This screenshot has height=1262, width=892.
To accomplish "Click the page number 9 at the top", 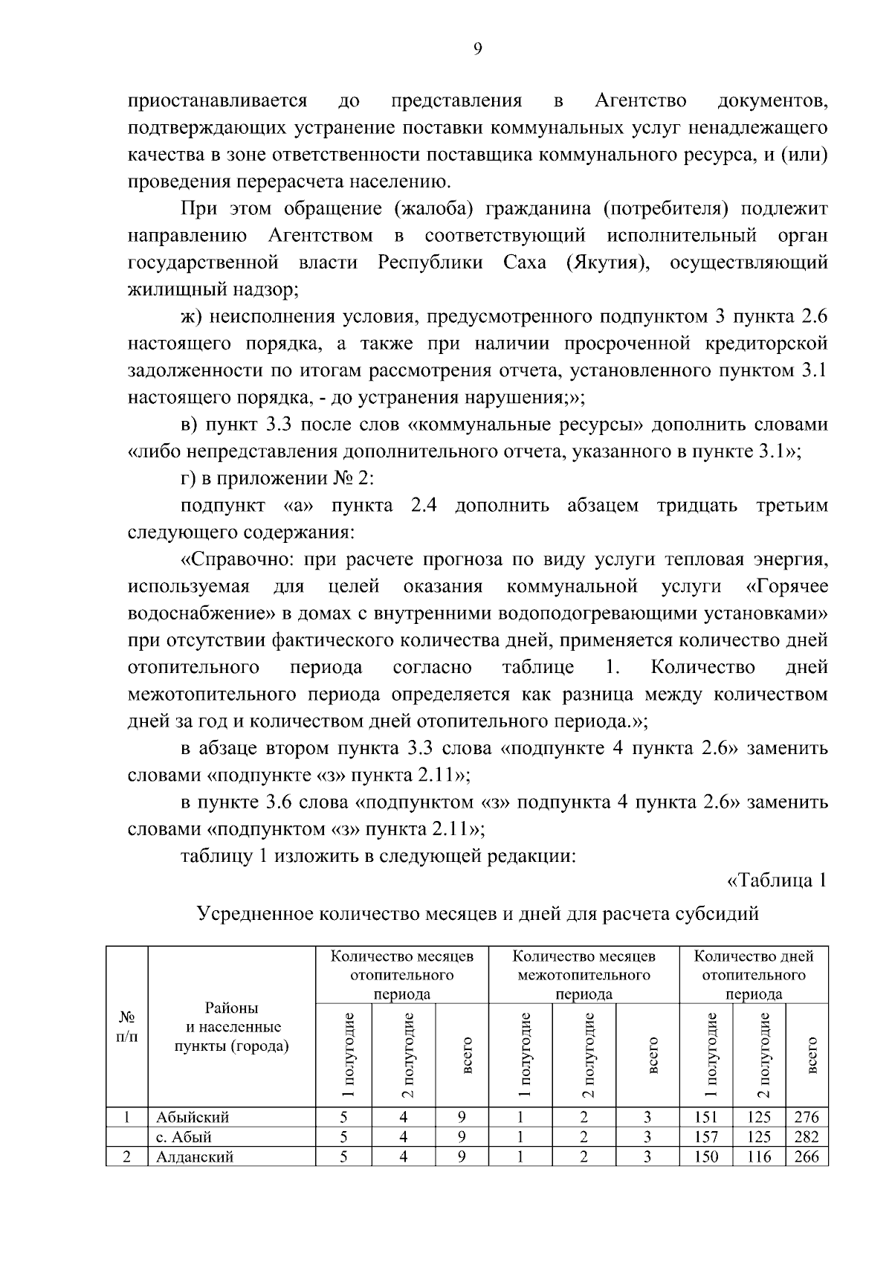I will tap(477, 48).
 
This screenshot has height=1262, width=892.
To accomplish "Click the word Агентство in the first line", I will tap(640, 100).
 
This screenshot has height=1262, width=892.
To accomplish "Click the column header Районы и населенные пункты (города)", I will tap(231, 1027).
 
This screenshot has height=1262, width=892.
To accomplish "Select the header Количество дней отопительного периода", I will tap(754, 974).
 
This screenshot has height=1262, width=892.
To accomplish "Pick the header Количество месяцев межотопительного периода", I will tap(584, 974).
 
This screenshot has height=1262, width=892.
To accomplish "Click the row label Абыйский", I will tap(193, 1117).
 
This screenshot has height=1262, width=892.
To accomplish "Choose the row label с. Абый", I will tap(184, 1137).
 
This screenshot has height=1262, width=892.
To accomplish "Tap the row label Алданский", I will tap(195, 1157).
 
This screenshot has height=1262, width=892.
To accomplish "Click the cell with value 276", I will tap(807, 1117).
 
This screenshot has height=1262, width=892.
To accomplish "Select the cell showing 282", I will tap(807, 1137).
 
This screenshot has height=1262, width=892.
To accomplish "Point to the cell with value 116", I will tap(759, 1157).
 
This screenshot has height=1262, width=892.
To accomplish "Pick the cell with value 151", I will tap(705, 1117).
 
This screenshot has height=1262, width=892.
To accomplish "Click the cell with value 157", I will tap(705, 1137).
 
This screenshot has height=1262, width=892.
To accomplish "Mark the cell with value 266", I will tap(807, 1157).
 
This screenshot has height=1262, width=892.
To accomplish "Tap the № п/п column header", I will tap(127, 1027).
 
